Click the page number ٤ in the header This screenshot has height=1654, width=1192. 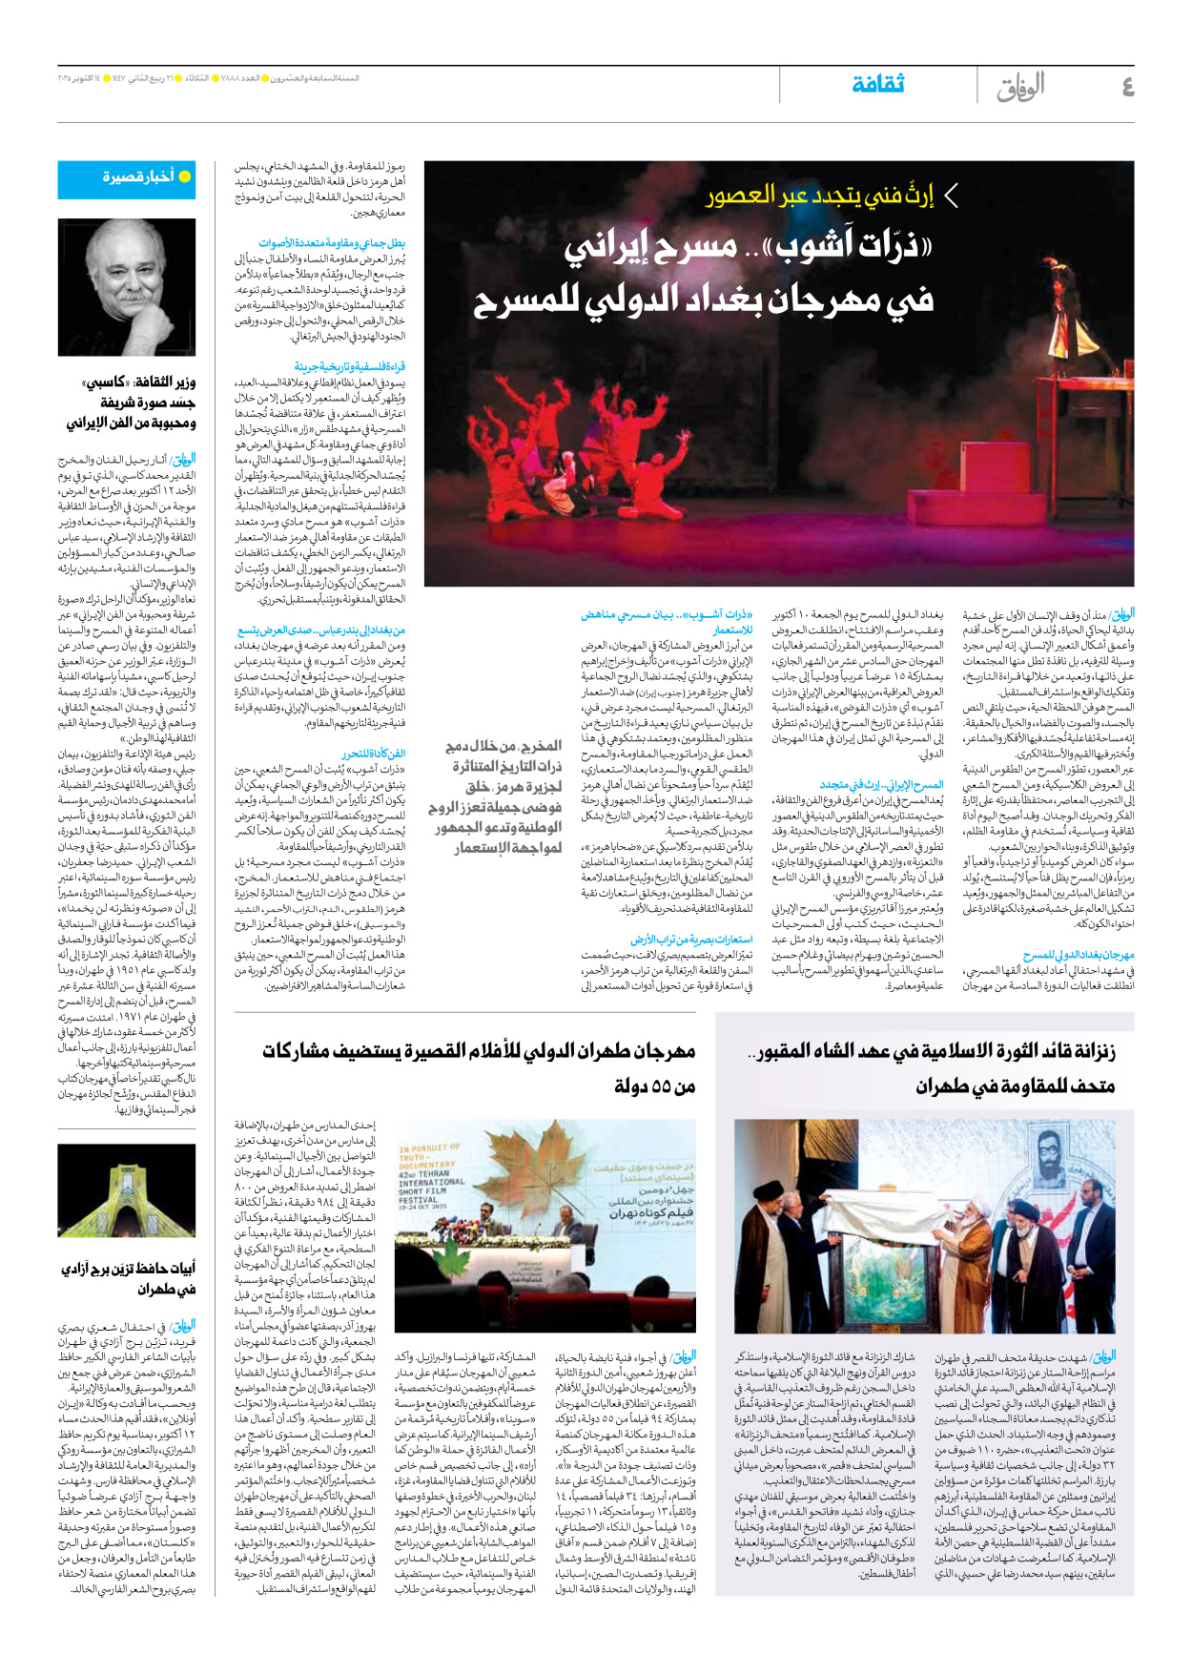pos(1127,87)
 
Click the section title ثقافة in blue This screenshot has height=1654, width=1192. pos(877,84)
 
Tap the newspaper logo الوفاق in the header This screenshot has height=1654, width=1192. pos(1021,88)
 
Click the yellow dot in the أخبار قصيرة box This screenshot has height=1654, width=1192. pos(185,176)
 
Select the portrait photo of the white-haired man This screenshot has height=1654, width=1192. pos(126,287)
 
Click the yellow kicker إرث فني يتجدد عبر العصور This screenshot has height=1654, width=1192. pos(820,196)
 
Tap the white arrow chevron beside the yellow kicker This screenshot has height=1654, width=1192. pos(950,196)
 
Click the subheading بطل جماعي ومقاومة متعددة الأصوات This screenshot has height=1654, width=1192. pos(331,243)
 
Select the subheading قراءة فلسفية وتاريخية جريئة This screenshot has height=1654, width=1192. pos(349,366)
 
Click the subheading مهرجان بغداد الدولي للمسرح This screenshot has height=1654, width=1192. pos(1079,955)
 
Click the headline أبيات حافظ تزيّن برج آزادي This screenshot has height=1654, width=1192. pos(128,1278)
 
